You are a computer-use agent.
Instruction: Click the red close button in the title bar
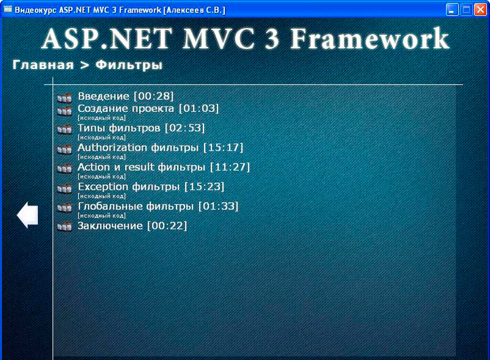(x=481, y=10)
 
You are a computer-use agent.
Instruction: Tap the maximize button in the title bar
(x=466, y=10)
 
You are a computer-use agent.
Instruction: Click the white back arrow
(x=28, y=215)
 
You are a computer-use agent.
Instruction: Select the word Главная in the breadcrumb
(x=43, y=65)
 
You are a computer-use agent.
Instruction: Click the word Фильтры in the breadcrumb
(x=129, y=66)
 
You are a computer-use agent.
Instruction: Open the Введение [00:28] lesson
(x=126, y=96)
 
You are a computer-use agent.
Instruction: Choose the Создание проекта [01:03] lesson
(x=148, y=108)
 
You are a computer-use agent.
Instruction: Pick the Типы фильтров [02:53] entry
(x=141, y=128)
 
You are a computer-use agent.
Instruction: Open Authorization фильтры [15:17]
(x=160, y=148)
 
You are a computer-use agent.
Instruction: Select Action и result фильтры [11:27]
(x=164, y=167)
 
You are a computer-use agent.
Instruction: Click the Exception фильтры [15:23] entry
(x=151, y=187)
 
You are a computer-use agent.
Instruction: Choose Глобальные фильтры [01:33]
(x=158, y=206)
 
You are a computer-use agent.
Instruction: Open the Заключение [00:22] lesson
(x=132, y=226)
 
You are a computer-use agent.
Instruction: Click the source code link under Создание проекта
(x=102, y=118)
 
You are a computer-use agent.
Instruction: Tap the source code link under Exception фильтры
(x=102, y=196)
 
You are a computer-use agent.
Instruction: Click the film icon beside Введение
(x=65, y=97)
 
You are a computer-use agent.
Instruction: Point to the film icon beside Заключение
(x=65, y=227)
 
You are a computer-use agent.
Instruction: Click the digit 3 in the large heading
(x=272, y=39)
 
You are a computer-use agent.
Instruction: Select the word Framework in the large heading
(x=370, y=38)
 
